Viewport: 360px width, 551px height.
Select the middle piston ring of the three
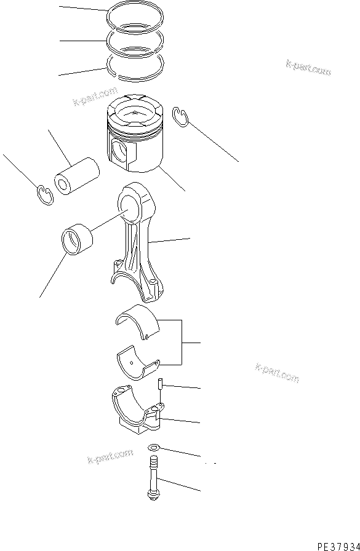pyautogui.click(x=135, y=42)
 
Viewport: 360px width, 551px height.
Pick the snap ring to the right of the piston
pyautogui.click(x=180, y=117)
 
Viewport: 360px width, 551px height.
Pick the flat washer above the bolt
pyautogui.click(x=154, y=448)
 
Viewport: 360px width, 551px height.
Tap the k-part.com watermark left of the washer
pyautogui.click(x=110, y=456)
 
